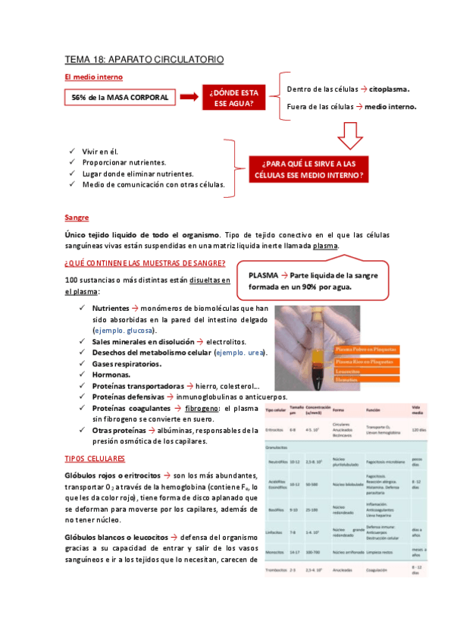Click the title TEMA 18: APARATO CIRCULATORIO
[144, 59]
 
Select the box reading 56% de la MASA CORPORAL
[120, 98]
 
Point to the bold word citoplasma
[395, 89]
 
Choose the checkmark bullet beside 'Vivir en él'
[71, 152]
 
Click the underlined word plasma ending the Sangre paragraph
[325, 246]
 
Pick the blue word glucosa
[141, 331]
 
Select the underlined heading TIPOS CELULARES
[95, 460]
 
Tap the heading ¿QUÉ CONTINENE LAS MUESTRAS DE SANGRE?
[145, 264]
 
